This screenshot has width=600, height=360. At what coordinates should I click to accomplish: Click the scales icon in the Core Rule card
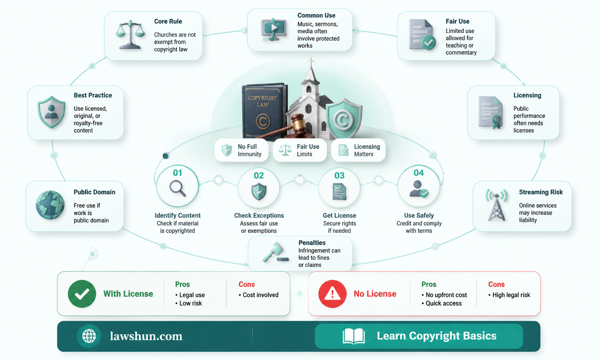(130, 34)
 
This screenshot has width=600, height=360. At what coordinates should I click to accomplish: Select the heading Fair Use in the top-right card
(457, 21)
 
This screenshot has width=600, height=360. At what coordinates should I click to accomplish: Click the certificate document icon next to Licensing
(490, 113)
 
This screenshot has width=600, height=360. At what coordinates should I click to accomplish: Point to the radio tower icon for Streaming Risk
(496, 205)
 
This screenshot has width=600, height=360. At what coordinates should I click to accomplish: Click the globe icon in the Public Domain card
(50, 205)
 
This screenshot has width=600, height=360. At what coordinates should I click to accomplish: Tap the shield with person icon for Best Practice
(51, 112)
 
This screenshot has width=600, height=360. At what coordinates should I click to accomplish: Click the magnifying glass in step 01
(178, 188)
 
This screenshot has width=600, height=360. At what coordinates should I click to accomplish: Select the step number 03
(339, 175)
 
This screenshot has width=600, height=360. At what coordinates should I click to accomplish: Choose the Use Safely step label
(419, 215)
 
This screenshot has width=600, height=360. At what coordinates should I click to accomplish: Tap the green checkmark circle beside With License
(82, 294)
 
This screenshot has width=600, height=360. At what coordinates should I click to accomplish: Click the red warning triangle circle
(332, 294)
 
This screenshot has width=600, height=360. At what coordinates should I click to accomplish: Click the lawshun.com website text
(146, 336)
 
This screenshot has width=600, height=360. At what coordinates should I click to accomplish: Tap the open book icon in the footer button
(354, 336)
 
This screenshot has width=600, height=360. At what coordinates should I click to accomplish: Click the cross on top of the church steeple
(311, 62)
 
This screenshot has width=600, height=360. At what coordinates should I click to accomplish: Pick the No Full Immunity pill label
(249, 151)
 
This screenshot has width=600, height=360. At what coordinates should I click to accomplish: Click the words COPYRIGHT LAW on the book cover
(262, 101)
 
